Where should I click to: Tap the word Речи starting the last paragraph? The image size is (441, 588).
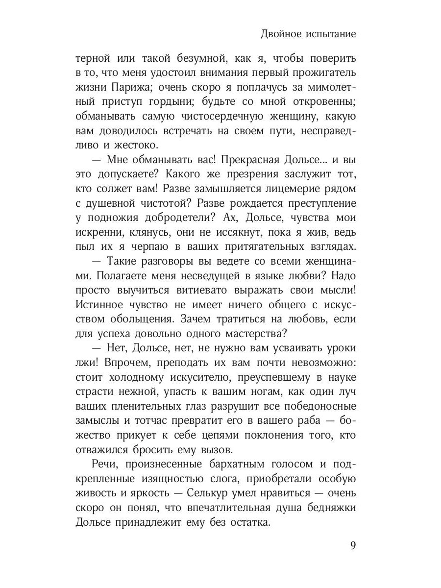[x=106, y=464]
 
